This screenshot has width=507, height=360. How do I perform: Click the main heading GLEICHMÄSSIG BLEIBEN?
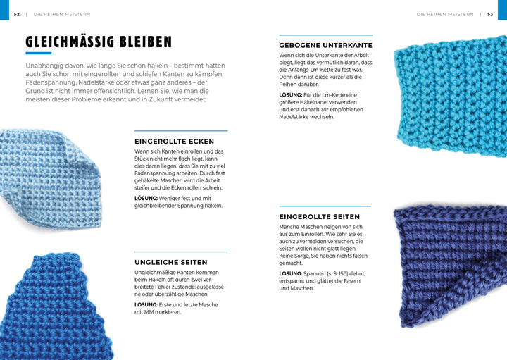click(x=99, y=42)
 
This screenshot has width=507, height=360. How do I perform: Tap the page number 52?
click(x=16, y=14)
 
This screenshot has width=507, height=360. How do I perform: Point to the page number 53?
click(x=490, y=14)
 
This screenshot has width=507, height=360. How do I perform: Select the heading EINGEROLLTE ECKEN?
click(x=174, y=142)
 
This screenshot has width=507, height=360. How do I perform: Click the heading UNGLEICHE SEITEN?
click(x=170, y=262)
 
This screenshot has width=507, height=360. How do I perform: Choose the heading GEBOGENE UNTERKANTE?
click(x=325, y=45)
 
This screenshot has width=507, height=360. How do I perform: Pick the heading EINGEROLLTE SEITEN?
click(x=319, y=217)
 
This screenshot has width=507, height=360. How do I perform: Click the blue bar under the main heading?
click(x=39, y=54)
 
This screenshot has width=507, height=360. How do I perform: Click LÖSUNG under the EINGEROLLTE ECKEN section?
click(x=146, y=199)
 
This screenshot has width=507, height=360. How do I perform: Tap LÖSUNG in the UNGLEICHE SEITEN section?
click(x=146, y=304)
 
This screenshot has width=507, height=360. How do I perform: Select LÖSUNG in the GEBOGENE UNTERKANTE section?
click(x=290, y=94)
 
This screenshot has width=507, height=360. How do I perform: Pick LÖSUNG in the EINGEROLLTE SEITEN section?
click(x=290, y=273)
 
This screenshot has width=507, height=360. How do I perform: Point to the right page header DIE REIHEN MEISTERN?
click(x=444, y=14)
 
